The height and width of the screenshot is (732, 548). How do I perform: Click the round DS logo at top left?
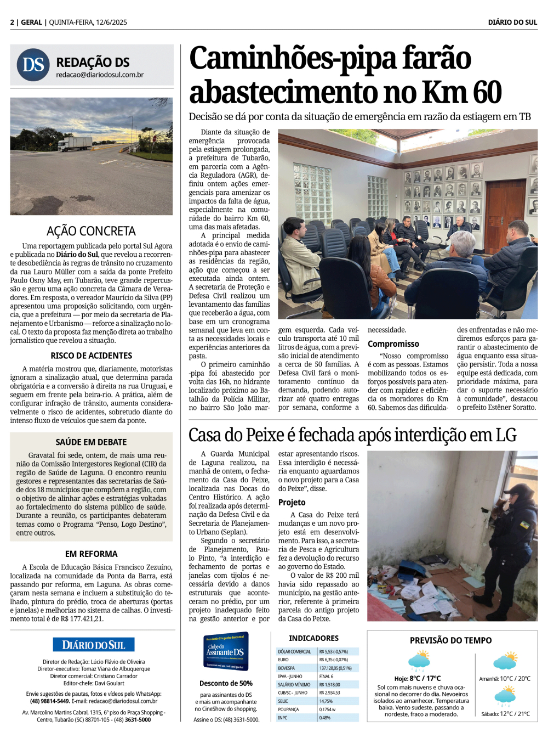(x=33, y=65)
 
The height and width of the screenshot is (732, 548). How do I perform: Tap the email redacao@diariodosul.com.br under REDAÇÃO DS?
(x=100, y=75)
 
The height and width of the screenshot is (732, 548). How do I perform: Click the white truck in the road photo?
(x=75, y=144)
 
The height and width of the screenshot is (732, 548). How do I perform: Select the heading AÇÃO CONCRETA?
(x=91, y=231)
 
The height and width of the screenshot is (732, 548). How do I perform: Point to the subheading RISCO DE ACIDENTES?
(x=92, y=356)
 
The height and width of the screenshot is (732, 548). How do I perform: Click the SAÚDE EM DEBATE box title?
(x=91, y=442)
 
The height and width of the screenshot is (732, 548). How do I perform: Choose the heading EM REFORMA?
(x=91, y=554)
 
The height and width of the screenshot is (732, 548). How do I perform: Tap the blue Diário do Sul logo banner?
(x=94, y=645)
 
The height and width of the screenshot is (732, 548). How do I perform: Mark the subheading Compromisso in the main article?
(x=393, y=344)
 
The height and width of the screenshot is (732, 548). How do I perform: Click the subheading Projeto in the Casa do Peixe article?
(x=292, y=503)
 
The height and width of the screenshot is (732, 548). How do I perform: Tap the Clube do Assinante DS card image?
(x=226, y=651)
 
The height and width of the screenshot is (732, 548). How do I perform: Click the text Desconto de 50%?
(x=226, y=683)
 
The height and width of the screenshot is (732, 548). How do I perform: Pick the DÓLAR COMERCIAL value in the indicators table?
(x=333, y=652)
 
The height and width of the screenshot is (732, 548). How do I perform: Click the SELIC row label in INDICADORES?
(x=283, y=701)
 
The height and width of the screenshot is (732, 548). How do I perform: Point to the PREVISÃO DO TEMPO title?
(x=450, y=640)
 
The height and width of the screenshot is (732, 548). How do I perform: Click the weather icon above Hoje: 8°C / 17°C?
(x=419, y=660)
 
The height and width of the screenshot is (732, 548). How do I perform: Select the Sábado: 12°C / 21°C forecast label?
(x=505, y=714)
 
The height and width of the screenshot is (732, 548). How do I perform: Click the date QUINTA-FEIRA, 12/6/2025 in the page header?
(x=88, y=22)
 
